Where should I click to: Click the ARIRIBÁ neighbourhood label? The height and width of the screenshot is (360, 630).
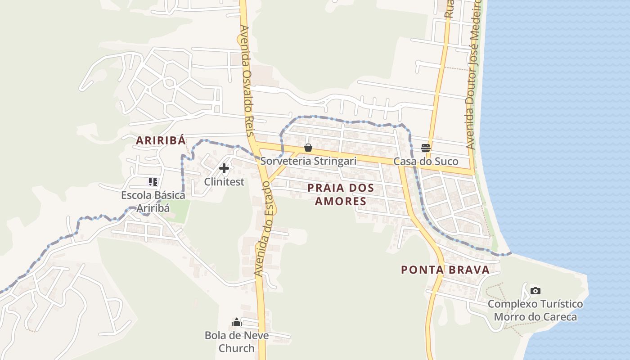(161, 140)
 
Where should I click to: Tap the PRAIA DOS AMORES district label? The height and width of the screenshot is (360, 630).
(341, 194)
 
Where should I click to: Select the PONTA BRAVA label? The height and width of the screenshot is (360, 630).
(445, 270)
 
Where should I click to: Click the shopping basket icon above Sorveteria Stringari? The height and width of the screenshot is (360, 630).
(308, 148)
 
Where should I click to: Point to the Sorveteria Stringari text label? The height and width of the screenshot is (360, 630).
(308, 161)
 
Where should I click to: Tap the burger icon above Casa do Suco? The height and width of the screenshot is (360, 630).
(426, 148)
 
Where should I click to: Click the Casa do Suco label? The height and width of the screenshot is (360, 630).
(426, 162)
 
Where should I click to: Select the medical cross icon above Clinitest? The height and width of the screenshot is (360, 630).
(224, 169)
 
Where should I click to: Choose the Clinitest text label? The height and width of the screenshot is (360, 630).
(224, 182)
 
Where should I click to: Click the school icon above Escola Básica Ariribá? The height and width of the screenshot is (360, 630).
(153, 182)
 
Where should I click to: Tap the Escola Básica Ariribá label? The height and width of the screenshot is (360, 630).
(153, 202)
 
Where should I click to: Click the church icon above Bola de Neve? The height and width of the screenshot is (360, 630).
(237, 322)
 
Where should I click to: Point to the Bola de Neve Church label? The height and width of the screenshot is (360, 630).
(237, 342)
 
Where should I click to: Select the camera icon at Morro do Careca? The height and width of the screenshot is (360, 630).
(535, 291)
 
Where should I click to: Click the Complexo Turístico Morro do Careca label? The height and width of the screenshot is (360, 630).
(535, 310)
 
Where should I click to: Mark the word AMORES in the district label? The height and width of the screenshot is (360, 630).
(341, 201)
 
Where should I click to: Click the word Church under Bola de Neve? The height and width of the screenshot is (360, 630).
(237, 348)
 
